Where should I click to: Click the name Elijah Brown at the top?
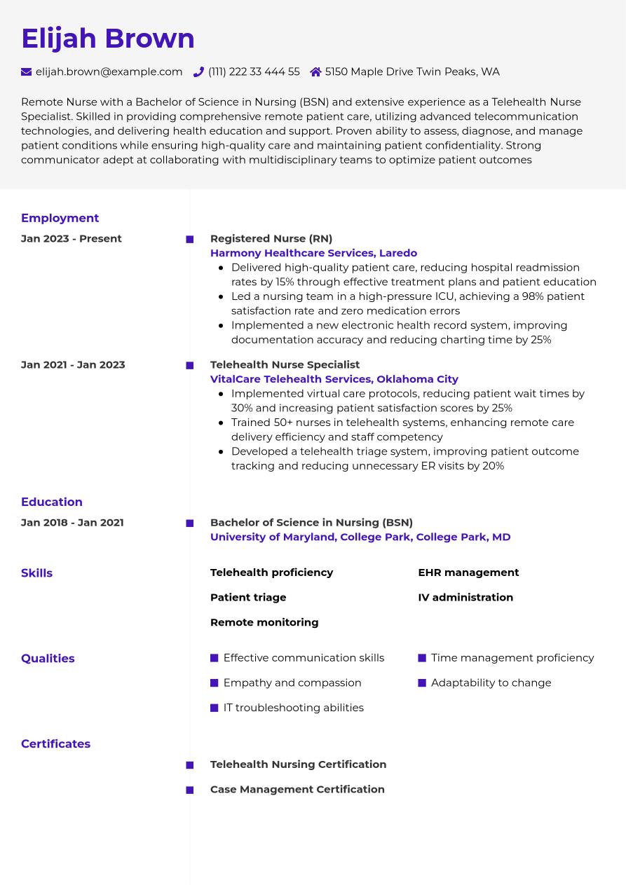coord(108,39)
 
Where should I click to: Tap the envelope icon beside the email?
coord(27,71)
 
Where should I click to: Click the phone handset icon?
coord(198,71)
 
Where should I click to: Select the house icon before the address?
coord(315,71)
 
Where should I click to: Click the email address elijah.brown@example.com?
coord(109,71)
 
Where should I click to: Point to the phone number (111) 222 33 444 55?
coord(254,71)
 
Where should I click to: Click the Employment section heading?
coord(60,218)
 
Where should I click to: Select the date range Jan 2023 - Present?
coord(71,238)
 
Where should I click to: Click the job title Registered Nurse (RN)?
coord(271,238)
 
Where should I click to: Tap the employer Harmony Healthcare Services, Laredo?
coord(313,253)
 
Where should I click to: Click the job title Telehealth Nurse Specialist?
coord(285,364)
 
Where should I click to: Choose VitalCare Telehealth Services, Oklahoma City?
coord(334,379)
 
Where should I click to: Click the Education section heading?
coord(52,502)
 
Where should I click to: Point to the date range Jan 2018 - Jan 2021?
coord(72,522)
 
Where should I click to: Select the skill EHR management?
coord(468,572)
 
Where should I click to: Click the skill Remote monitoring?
coord(264,622)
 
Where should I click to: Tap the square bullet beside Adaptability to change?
coord(422,683)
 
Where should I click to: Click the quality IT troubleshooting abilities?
coord(293,708)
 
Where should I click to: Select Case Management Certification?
coord(297,789)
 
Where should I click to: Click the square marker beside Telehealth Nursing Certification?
coord(189,765)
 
